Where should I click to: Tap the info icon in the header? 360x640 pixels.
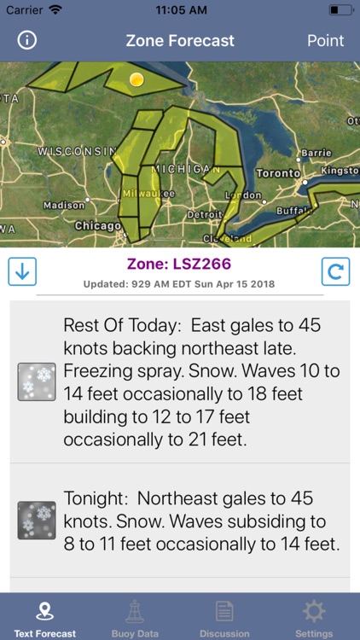tap(27, 40)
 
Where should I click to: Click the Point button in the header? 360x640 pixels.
tap(325, 40)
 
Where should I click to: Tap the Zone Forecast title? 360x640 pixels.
tap(180, 40)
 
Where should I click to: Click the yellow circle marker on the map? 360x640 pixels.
tap(136, 79)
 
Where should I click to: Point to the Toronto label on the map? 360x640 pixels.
tap(278, 172)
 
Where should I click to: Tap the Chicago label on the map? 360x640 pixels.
tap(97, 225)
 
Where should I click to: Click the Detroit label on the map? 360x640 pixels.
tap(204, 213)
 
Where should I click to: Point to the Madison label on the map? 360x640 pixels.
tap(64, 205)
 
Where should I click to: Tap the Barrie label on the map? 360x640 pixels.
tap(316, 153)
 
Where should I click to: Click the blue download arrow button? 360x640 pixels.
tap(22, 272)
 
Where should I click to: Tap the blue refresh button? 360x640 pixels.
tap(336, 272)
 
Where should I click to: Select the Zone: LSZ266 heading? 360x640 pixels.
tap(179, 265)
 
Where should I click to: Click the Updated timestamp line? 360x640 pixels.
tap(179, 284)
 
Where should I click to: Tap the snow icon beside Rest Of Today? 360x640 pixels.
tap(37, 381)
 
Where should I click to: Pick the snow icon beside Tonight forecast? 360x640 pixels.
tap(37, 521)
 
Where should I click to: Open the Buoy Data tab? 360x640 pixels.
tap(135, 618)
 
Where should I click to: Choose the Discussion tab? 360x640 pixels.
tap(224, 618)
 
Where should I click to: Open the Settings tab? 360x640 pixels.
tap(314, 618)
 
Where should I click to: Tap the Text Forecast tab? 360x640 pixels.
tap(45, 618)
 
